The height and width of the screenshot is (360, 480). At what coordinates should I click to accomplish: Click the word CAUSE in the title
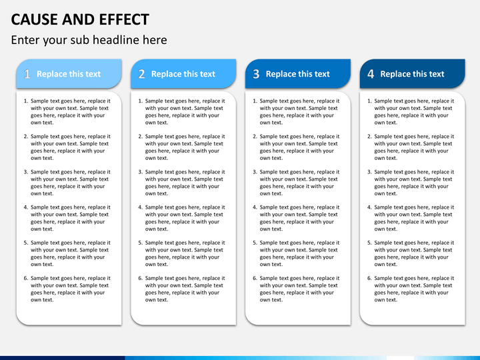tap(34, 19)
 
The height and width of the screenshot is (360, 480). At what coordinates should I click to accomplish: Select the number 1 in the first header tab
tap(27, 75)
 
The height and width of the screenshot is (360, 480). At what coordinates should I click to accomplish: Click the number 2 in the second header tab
tap(141, 75)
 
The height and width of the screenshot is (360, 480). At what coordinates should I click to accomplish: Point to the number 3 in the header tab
tap(256, 75)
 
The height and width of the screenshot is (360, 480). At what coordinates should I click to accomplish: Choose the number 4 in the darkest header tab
tap(371, 75)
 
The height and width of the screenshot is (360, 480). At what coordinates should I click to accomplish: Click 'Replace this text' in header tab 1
tap(69, 74)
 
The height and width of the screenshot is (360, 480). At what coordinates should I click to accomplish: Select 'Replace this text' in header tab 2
tap(183, 74)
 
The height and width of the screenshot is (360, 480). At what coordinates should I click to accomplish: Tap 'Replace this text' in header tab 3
tap(298, 74)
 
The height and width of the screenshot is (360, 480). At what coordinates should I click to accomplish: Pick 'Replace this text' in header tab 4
tap(412, 74)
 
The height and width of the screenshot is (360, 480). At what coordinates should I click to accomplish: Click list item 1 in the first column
tap(70, 111)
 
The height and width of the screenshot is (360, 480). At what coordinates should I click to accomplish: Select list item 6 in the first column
tap(70, 289)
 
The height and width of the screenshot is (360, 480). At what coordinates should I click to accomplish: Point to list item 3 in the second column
tap(185, 183)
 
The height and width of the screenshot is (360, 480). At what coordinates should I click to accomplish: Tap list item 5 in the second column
tap(185, 253)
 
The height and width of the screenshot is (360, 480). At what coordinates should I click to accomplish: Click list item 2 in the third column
tap(299, 147)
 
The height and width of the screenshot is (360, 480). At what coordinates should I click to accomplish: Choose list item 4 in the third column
tap(299, 218)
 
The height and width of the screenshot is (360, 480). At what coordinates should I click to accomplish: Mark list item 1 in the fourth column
tap(413, 111)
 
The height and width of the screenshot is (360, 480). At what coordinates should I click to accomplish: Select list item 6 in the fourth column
tap(413, 289)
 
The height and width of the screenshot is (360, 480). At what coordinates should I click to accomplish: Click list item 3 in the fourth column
tap(413, 183)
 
